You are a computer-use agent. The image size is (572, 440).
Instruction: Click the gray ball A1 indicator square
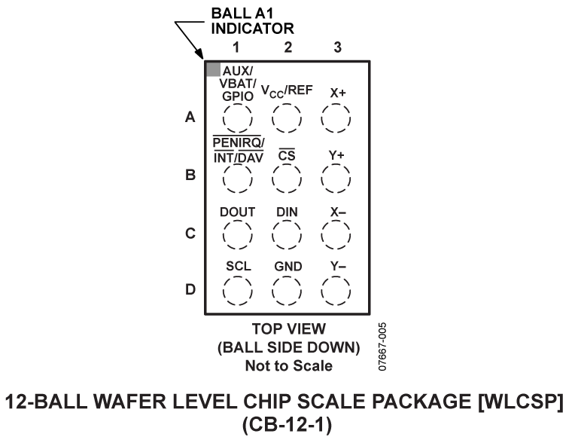point(213,69)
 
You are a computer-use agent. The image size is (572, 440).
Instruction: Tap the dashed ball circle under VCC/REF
point(287,118)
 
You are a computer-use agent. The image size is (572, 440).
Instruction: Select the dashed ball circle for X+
point(336,118)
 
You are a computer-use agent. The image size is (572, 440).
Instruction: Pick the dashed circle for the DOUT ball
point(237,235)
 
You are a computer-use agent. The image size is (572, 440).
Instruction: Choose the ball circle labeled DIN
point(287,235)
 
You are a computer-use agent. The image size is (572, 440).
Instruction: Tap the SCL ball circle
point(237,289)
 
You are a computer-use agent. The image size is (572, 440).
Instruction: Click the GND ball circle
point(287,289)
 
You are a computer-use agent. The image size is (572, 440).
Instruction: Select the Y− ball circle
point(336,289)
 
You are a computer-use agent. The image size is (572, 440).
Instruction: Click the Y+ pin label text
point(336,155)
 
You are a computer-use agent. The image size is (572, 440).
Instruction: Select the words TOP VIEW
point(288,330)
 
